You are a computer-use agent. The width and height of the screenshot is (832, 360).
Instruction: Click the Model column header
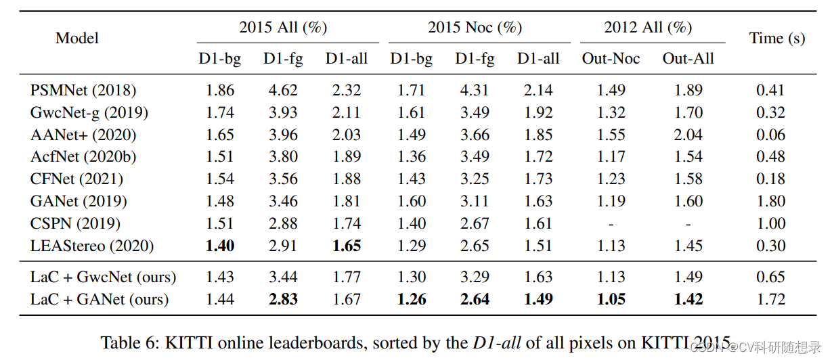[x=77, y=38]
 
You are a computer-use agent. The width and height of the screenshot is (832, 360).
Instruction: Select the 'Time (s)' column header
[x=777, y=38]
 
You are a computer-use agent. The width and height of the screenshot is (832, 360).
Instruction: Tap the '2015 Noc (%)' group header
[x=475, y=27]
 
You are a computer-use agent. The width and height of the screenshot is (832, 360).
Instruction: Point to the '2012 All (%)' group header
[x=648, y=27]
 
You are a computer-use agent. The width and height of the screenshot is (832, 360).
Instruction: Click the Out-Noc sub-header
[x=611, y=59]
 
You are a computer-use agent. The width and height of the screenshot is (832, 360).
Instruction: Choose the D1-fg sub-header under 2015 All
[x=283, y=59]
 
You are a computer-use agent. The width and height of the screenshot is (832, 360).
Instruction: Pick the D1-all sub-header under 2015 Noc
[x=538, y=59]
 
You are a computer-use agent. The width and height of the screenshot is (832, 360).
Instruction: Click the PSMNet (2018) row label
[x=83, y=90]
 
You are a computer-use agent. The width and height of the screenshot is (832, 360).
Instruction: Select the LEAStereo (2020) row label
[x=92, y=246]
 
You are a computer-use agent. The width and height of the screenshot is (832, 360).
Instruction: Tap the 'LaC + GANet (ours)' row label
[x=100, y=299]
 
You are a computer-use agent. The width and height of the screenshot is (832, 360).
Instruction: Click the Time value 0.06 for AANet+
[x=771, y=135]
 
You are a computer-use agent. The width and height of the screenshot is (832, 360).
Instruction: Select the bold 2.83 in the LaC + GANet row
[x=283, y=299]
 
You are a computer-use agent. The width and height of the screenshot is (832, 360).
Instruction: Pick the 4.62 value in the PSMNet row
[x=283, y=90]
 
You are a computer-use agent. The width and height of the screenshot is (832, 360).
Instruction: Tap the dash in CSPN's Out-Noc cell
[x=611, y=223]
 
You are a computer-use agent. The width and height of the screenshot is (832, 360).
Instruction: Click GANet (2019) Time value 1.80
[x=771, y=201]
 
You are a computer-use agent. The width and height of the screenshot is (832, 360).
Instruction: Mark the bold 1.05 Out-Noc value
[x=611, y=299]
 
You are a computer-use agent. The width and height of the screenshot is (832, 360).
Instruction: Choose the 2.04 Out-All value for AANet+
[x=688, y=135]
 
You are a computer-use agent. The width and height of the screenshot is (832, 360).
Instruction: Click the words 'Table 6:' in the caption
[x=129, y=342]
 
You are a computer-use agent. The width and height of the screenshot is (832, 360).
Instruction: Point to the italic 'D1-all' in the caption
[x=496, y=342]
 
